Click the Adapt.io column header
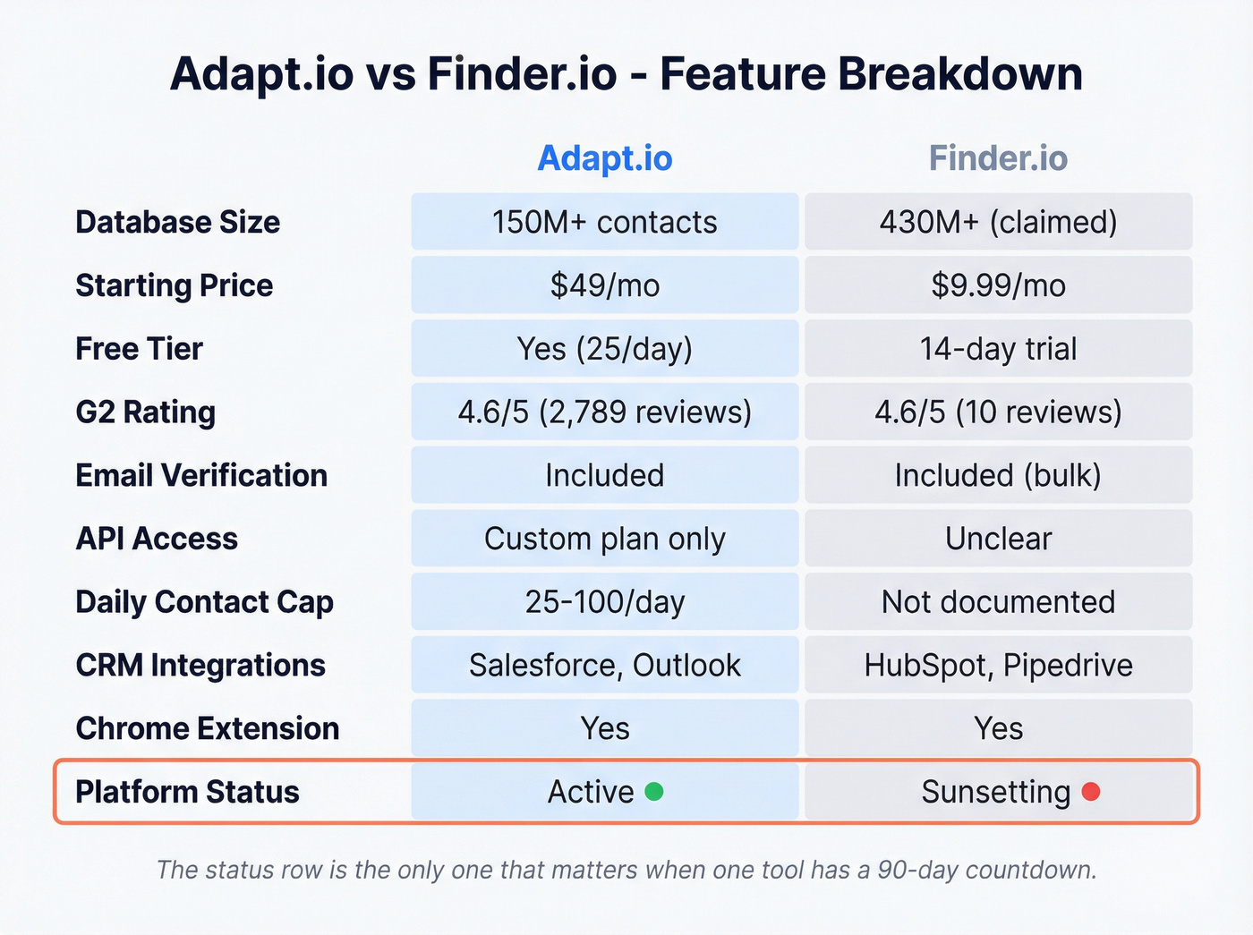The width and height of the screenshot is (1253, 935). tap(604, 158)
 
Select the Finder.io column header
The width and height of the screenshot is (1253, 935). tap(998, 158)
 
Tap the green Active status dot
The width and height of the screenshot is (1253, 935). tap(654, 791)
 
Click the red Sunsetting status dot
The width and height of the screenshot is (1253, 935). tap(1091, 791)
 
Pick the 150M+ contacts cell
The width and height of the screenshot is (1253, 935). tap(604, 222)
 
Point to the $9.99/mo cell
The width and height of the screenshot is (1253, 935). tap(998, 285)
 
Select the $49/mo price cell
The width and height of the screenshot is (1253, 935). tap(604, 285)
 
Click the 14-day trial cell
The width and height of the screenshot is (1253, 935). tap(998, 349)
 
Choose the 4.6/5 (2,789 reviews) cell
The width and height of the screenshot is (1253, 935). tap(604, 412)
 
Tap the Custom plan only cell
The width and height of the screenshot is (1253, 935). tap(604, 539)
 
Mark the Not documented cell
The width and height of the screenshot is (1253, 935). tap(998, 602)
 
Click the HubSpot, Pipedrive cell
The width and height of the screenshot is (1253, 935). tap(998, 666)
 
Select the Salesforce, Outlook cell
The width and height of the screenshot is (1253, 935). tap(604, 666)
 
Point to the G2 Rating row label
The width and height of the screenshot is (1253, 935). tap(146, 412)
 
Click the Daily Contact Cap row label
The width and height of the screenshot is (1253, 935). tap(204, 602)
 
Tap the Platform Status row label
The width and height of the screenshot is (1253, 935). tap(187, 792)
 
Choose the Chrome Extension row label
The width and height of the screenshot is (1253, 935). tap(208, 728)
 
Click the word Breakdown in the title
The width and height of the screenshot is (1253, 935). tap(959, 73)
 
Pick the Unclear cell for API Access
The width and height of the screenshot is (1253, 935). tap(998, 539)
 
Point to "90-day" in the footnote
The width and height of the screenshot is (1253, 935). tap(918, 870)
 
